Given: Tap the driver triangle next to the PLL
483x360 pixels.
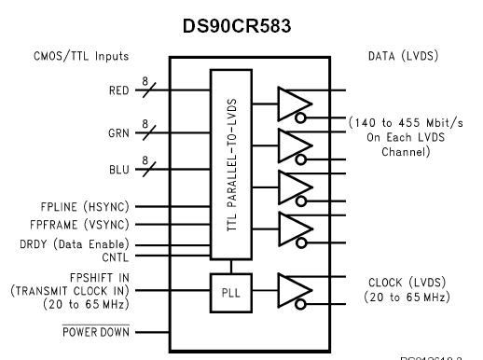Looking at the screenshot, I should tap(291, 292).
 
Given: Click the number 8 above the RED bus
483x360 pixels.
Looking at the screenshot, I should tap(145, 80).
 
